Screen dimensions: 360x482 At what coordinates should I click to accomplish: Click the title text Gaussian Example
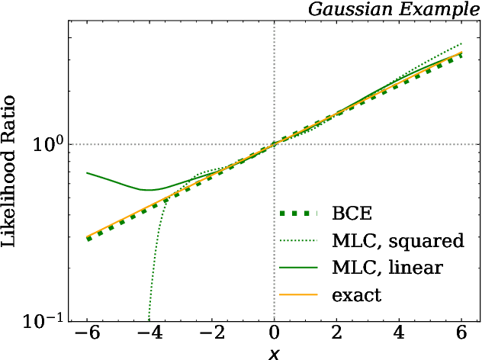pyautogui.click(x=394, y=9)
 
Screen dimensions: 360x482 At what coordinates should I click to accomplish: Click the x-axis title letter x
pyautogui.click(x=274, y=353)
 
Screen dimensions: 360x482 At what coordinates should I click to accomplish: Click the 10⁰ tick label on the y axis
pyautogui.click(x=49, y=144)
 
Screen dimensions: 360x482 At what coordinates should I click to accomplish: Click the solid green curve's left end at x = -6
pyautogui.click(x=87, y=172)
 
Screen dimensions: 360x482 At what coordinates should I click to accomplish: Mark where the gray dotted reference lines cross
pyautogui.click(x=274, y=144)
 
